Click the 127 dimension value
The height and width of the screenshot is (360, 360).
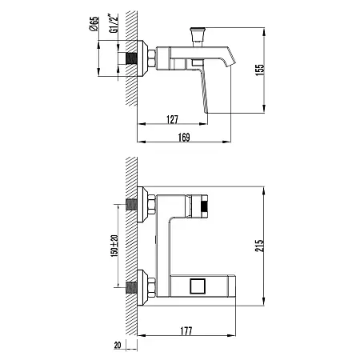click(172, 119)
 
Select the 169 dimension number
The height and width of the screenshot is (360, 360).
click(184, 138)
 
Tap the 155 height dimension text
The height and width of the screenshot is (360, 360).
click(259, 70)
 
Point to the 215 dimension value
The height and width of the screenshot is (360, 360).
click(259, 246)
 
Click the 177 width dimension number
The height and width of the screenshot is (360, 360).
click(186, 331)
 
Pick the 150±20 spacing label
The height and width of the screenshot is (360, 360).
click(114, 246)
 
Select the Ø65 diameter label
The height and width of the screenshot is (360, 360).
click(94, 24)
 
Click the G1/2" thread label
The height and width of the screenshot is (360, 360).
click(114, 23)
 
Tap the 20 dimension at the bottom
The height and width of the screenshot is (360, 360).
click(118, 345)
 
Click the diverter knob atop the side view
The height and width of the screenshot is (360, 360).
click(198, 34)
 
